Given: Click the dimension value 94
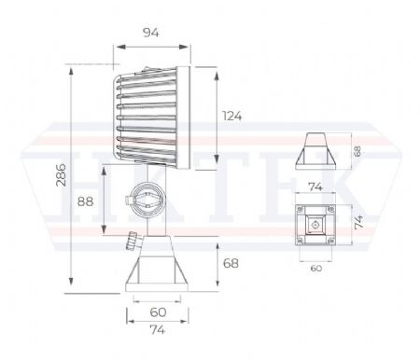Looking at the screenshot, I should [150, 33].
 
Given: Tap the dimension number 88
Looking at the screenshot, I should [86, 201].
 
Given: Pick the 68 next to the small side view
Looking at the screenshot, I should [357, 149].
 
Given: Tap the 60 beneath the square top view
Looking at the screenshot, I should [315, 267].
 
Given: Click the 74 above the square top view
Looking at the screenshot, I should [315, 187].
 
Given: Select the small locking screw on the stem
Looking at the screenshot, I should [128, 242].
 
